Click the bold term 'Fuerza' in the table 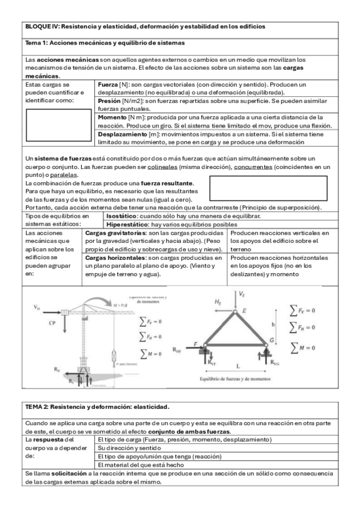point(109,85)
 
